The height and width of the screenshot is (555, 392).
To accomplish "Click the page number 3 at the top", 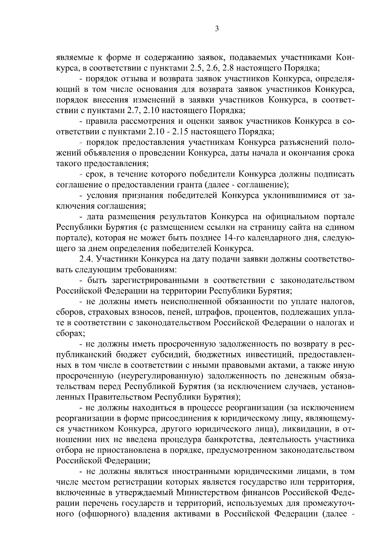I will [217, 29].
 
